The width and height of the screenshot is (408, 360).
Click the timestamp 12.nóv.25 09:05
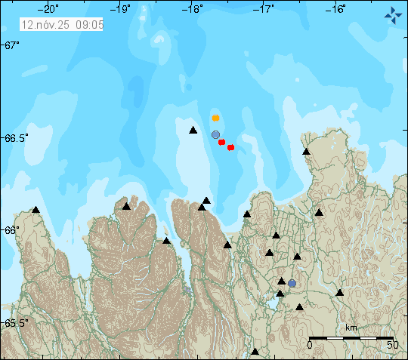pos(62,24)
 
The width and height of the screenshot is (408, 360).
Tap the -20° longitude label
pos(49,9)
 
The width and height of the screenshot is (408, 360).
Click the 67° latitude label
pos(11,45)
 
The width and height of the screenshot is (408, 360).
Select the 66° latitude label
pos(11,229)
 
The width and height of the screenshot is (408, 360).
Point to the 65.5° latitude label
pos(15,323)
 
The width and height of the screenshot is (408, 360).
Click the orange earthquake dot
pos(215,118)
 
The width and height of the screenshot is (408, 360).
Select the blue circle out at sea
pos(215,134)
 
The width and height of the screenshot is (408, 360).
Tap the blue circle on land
pos(292,284)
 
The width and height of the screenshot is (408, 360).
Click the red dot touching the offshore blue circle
pos(221,142)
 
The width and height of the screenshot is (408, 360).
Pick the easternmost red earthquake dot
pos(230,147)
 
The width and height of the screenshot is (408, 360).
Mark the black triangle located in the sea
pos(193,131)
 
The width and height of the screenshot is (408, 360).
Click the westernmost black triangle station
pos(36,210)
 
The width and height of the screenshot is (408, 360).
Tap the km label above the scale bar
pos(351,328)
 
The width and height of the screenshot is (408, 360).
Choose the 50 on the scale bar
pos(392,346)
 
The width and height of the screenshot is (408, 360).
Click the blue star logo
pos(392,14)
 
